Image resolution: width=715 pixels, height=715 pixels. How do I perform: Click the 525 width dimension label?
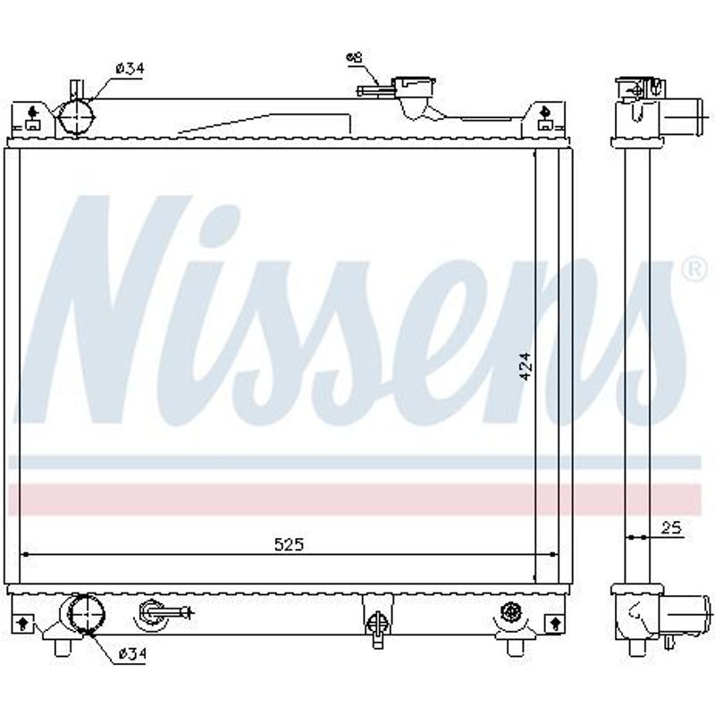click(289, 543)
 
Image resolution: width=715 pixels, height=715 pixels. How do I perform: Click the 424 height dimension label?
click(526, 366)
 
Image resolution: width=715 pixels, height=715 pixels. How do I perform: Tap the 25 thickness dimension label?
click(671, 528)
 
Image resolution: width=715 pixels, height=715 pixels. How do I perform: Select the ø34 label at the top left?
click(130, 69)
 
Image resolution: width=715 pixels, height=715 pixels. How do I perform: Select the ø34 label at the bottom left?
click(132, 654)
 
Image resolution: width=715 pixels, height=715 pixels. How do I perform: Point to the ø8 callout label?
click(354, 58)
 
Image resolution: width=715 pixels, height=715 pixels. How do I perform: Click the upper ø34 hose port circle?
click(76, 117)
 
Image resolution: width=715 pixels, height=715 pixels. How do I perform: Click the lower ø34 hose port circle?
click(86, 614)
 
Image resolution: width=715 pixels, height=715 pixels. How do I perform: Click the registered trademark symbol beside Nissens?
click(696, 270)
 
